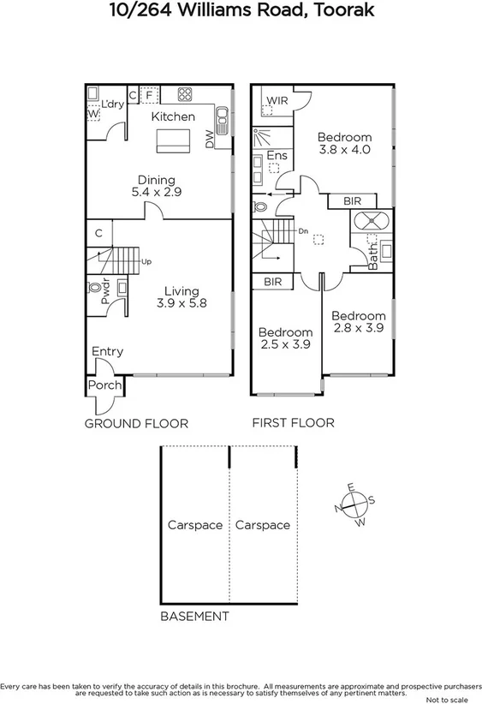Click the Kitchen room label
click(174, 116)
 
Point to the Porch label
click(105, 386)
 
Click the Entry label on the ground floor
click(108, 351)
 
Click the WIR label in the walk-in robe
click(277, 101)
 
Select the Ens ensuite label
click(277, 155)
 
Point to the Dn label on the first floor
click(303, 230)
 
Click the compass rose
click(354, 504)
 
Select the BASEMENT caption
click(195, 616)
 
